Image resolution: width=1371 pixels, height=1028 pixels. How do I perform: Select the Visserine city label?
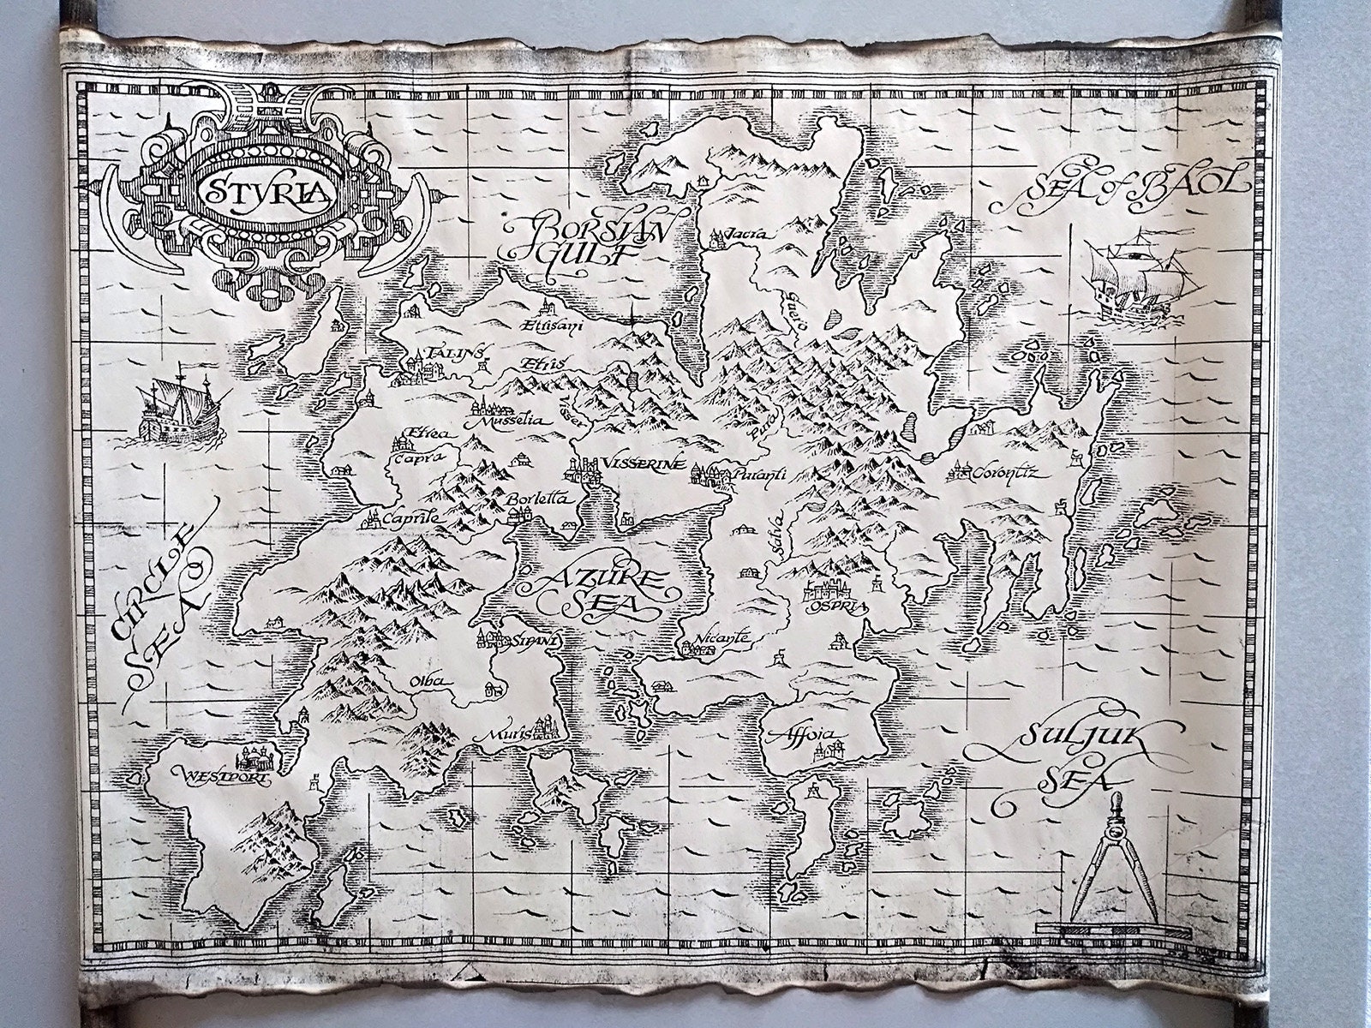click(643, 464)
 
